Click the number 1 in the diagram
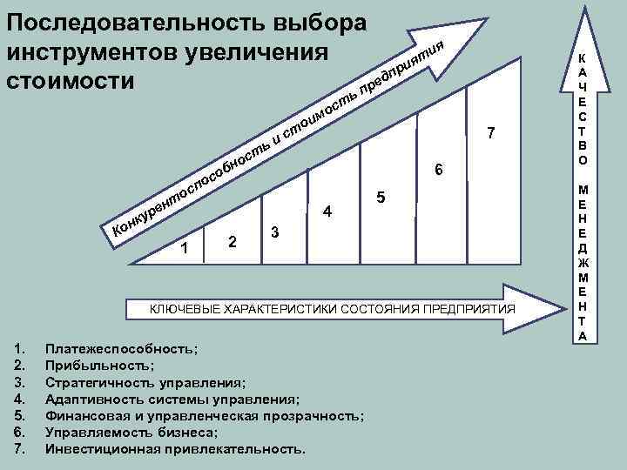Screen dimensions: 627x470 [185, 250]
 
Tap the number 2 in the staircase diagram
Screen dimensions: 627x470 [231, 241]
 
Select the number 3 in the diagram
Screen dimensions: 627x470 [275, 232]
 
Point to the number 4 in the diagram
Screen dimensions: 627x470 [327, 211]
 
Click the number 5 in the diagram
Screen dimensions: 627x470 [381, 197]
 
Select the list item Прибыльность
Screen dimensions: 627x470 [100, 366]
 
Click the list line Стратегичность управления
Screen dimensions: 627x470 [145, 382]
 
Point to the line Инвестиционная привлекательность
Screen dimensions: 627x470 [176, 450]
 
